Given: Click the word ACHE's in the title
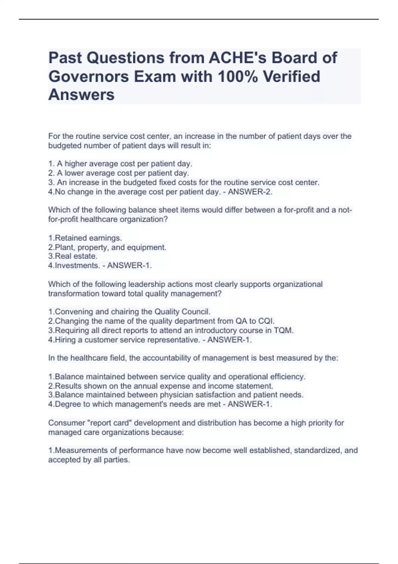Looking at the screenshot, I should click(x=237, y=58).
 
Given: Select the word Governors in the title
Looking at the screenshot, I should click(x=88, y=76).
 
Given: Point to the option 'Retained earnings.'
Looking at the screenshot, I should click(x=85, y=238).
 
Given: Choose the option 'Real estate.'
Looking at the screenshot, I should click(x=73, y=256).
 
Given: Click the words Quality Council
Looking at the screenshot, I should click(x=182, y=312).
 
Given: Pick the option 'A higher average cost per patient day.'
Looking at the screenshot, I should click(x=120, y=164).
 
